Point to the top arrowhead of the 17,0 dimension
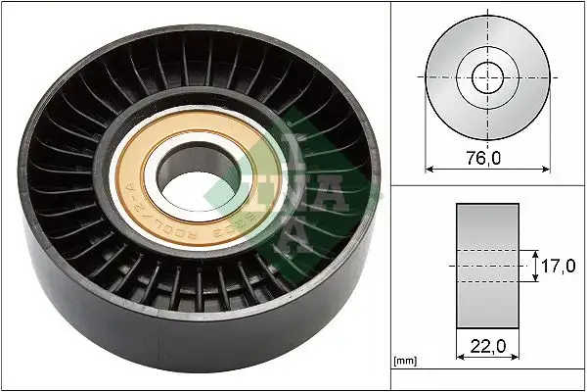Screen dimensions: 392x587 537,252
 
